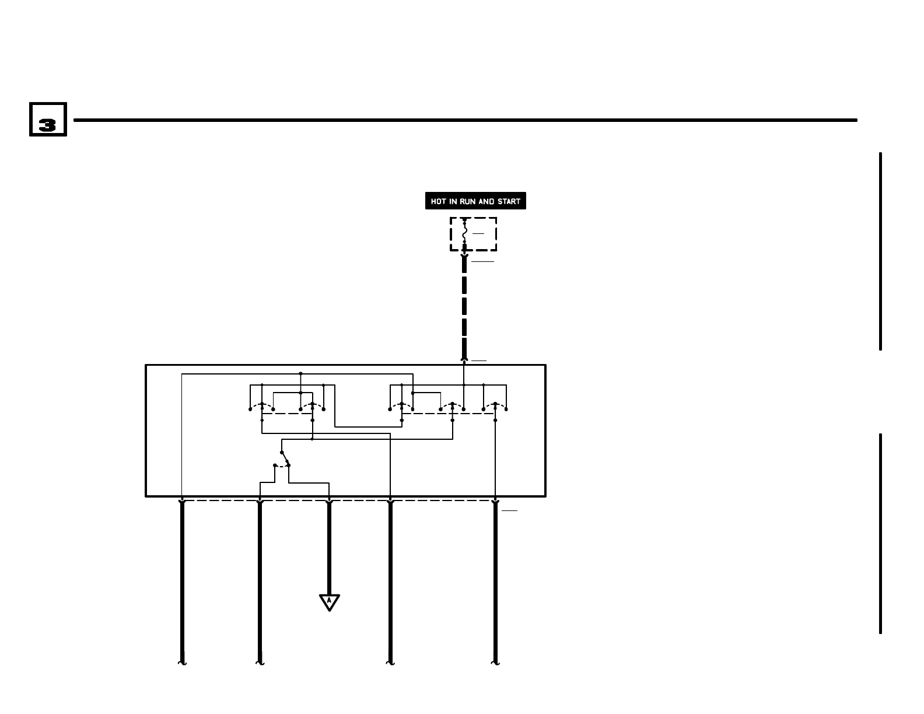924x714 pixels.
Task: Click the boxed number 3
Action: pos(48,120)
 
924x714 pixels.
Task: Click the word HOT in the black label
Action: pos(439,201)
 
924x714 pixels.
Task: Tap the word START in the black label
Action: pos(509,201)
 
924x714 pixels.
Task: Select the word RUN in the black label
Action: pos(468,201)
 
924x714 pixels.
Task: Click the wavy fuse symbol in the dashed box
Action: pos(464,233)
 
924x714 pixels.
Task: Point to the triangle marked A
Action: pos(330,601)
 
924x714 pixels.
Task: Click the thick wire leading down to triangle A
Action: pos(329,548)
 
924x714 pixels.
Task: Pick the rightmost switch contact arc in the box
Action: pos(495,404)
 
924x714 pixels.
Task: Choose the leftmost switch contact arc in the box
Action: pos(262,404)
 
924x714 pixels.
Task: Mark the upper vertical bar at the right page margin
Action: pos(880,251)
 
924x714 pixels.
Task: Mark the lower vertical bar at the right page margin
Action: pos(880,533)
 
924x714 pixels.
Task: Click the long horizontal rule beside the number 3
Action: pos(465,120)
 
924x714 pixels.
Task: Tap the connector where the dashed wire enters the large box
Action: pos(464,360)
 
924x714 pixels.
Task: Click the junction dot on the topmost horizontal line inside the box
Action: pos(300,373)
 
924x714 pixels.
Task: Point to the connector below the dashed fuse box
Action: pos(464,256)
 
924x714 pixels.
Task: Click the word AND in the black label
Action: pos(487,201)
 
